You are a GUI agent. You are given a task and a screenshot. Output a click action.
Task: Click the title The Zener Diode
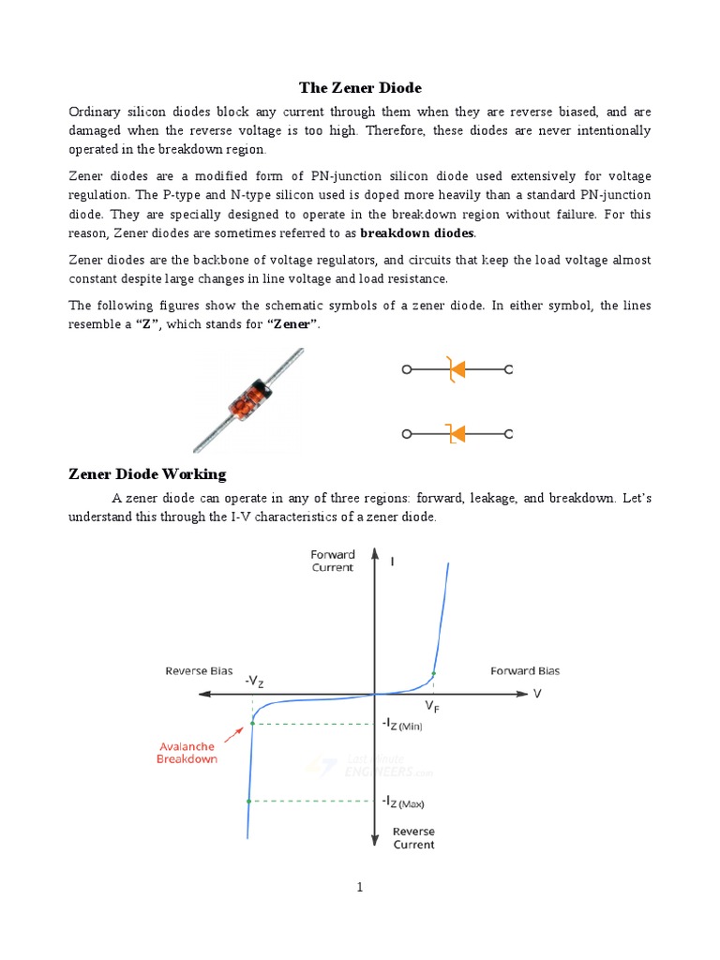coord(360,88)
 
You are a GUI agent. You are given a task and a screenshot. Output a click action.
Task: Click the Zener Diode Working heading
coord(147,473)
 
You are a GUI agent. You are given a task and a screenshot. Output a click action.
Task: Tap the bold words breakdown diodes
coord(418,232)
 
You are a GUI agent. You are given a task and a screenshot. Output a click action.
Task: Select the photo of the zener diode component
coord(247,400)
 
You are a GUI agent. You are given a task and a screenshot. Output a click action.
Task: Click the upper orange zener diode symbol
coord(456,370)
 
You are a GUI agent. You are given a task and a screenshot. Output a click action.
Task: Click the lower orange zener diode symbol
coord(456,434)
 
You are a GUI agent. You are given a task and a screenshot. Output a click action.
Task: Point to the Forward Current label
coord(333,561)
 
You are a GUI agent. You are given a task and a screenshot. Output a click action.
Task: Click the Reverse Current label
coord(413,838)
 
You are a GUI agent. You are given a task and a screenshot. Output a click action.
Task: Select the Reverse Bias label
coord(199,670)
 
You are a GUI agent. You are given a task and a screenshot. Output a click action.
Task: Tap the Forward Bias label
coord(525,670)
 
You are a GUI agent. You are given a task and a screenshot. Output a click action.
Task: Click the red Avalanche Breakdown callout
coord(186,753)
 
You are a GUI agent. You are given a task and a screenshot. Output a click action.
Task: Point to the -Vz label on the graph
coord(254,682)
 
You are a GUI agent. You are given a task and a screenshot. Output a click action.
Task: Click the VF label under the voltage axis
coord(432,706)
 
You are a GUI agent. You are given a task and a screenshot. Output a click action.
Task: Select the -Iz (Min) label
coord(401,724)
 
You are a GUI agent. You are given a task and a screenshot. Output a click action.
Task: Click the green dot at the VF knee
coord(432,674)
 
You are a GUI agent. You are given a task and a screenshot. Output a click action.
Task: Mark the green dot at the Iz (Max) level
coord(248,801)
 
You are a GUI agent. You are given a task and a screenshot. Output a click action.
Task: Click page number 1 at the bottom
coord(359,888)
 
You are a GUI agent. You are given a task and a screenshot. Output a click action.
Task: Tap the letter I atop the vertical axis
coord(392,562)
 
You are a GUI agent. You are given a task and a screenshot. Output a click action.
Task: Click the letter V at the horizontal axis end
coord(537,694)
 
